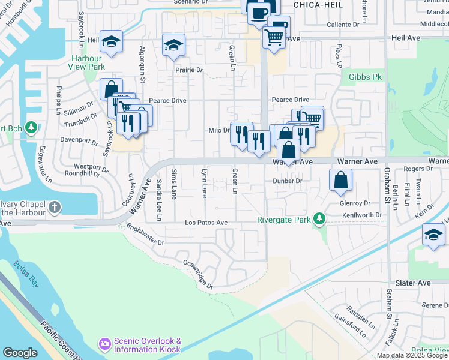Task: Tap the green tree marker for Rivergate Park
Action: [320, 220]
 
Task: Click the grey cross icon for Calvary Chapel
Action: [55, 208]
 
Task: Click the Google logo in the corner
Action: [20, 353]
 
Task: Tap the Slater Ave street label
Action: [412, 283]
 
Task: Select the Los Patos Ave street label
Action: [206, 223]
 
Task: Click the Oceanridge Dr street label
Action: [199, 274]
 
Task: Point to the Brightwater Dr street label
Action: [145, 235]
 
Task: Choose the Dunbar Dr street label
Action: [286, 180]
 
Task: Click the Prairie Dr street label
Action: [189, 70]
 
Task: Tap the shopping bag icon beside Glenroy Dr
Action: [340, 179]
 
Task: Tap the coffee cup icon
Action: [259, 11]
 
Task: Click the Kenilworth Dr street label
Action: [361, 215]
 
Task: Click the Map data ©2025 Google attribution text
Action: [411, 355]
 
